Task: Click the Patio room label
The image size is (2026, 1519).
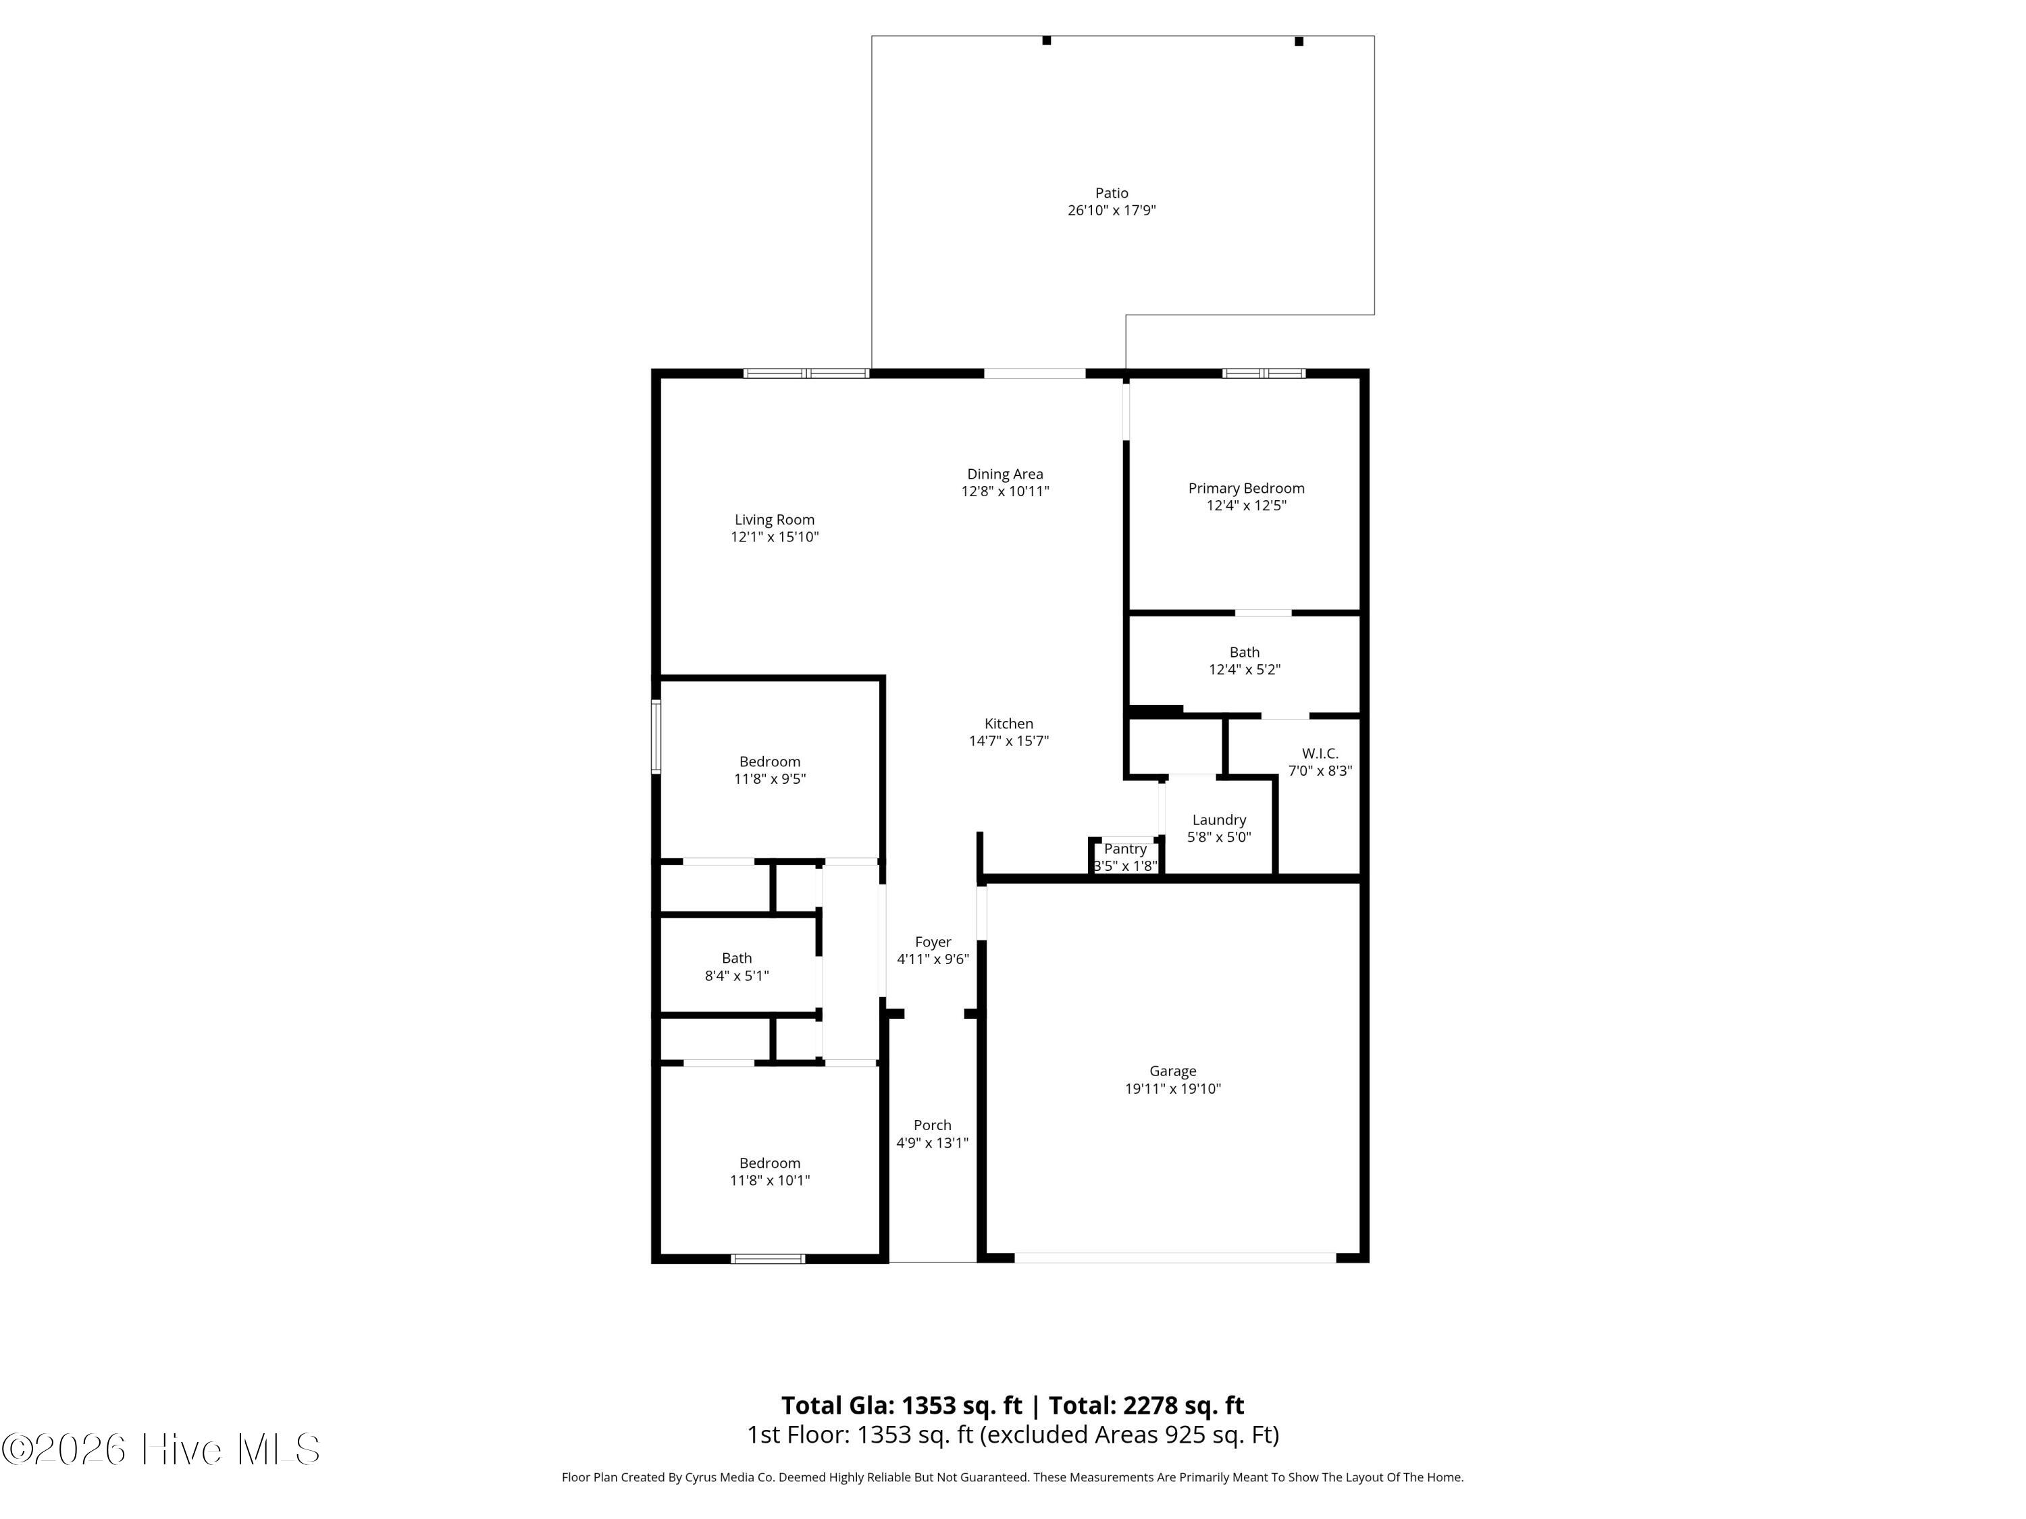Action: coord(1111,193)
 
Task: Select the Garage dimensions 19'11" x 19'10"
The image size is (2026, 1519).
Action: coord(1172,1089)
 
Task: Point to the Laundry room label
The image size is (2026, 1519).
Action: coord(1218,820)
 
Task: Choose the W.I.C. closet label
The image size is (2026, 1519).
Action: coord(1320,753)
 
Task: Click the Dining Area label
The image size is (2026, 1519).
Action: coord(1005,475)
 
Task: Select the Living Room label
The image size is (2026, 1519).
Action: coord(774,520)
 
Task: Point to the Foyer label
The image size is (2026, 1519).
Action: coord(933,942)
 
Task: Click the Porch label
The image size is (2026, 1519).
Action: coord(933,1125)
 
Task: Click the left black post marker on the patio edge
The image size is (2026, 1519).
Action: coord(1046,41)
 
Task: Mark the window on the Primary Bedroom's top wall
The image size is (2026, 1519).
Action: coord(1264,373)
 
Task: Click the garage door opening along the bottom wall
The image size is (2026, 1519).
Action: coord(1175,1258)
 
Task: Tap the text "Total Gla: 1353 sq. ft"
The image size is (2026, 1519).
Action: coord(902,1406)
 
